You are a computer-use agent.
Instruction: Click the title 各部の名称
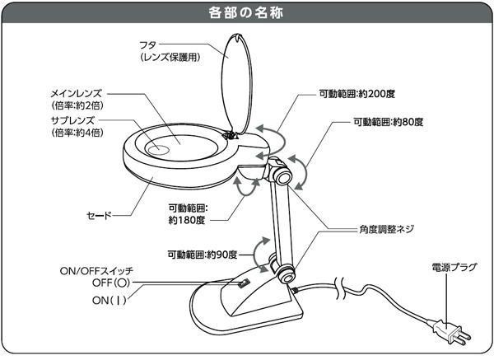click(246, 12)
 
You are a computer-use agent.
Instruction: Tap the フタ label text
click(148, 45)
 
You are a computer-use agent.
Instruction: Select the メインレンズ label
click(77, 94)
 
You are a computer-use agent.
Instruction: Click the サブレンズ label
click(72, 120)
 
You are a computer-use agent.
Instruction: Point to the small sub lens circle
click(157, 149)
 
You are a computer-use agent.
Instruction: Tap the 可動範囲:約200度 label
click(357, 94)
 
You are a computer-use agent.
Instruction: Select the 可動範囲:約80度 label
click(389, 122)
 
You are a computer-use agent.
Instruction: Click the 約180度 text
click(187, 220)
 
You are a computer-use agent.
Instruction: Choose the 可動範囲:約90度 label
click(203, 255)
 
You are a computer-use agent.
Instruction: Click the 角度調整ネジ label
click(386, 229)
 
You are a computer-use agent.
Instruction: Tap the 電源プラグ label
click(454, 267)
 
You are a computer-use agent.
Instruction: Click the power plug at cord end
click(451, 332)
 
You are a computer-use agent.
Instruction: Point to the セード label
click(100, 216)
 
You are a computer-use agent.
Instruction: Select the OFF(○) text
click(111, 283)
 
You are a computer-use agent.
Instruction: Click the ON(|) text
click(110, 300)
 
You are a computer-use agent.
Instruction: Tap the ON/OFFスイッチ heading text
click(96, 271)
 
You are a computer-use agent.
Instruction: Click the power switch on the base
click(244, 283)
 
